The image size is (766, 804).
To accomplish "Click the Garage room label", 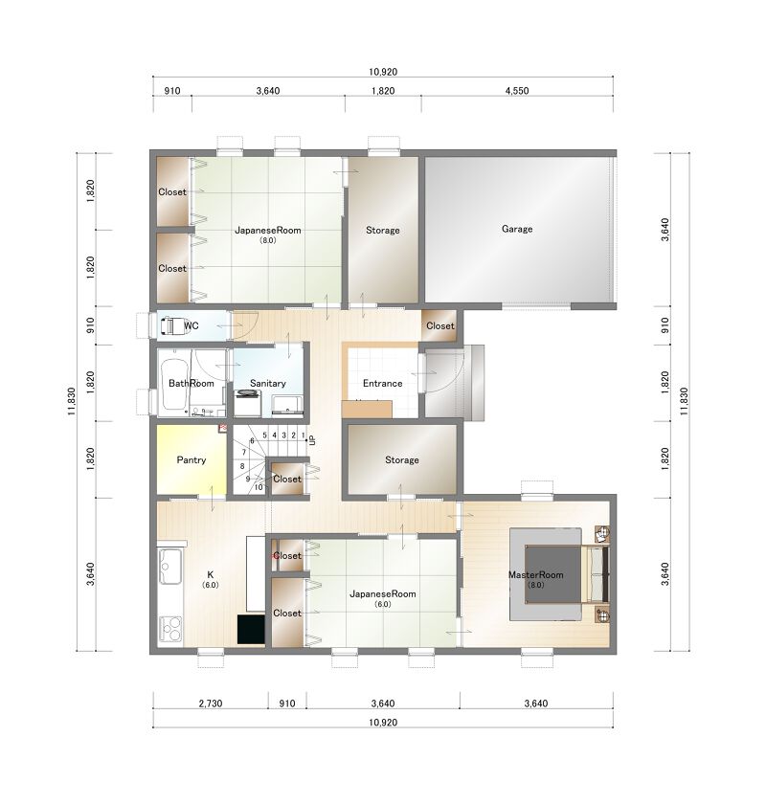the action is [x=517, y=229].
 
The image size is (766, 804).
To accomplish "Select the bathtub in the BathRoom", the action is [x=173, y=383].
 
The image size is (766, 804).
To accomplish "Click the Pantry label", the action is [x=191, y=459].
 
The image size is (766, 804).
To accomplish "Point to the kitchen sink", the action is [x=169, y=567].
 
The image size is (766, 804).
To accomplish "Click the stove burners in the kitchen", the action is [x=170, y=629].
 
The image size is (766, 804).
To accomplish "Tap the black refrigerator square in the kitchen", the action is [x=251, y=629].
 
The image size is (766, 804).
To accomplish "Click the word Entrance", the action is [x=382, y=383].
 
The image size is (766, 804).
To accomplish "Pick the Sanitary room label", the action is [x=267, y=383].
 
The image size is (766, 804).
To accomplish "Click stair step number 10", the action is [x=259, y=487].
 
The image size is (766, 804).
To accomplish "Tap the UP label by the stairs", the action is [x=312, y=440].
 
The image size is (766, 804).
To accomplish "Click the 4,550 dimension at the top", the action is [x=517, y=91].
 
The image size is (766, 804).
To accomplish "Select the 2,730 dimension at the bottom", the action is [x=211, y=703].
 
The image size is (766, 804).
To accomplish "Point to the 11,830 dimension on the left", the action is [x=72, y=401].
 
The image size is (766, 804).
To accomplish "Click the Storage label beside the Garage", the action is [x=382, y=231].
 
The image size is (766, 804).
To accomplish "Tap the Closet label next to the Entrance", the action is [x=439, y=325].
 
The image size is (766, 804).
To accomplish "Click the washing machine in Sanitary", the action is [x=248, y=403].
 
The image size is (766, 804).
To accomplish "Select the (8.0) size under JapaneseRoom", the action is [x=267, y=240].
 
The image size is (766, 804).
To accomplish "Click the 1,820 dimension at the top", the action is [x=383, y=91].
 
